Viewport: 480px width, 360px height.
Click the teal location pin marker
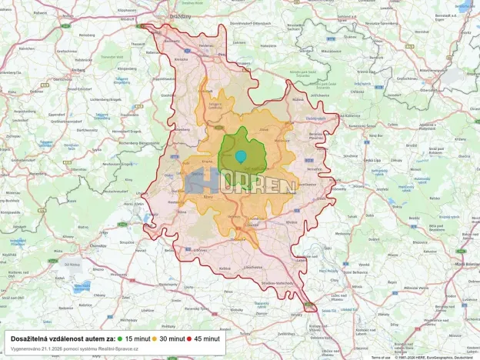click(x=241, y=156)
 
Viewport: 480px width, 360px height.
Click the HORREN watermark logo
click(x=241, y=185)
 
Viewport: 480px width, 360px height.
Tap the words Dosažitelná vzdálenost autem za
click(x=62, y=338)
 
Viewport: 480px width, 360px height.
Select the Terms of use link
click(x=381, y=358)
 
